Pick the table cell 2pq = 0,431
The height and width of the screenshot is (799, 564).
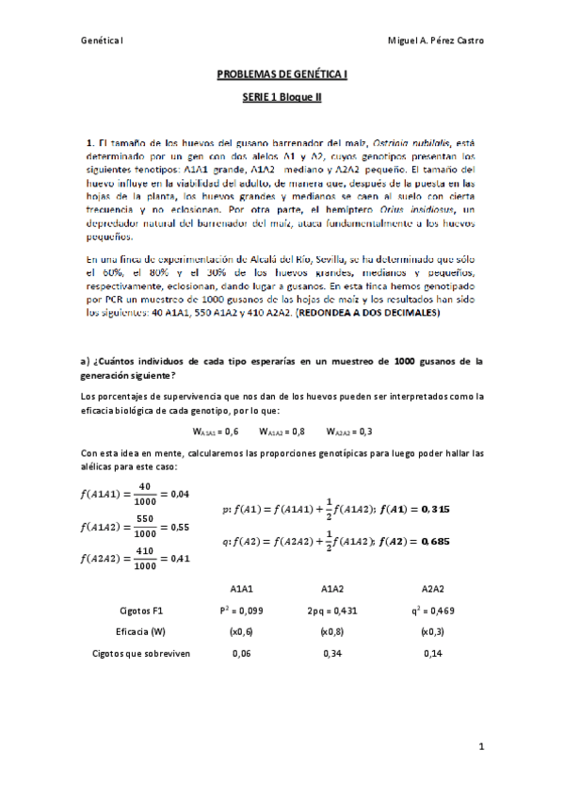331,611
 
